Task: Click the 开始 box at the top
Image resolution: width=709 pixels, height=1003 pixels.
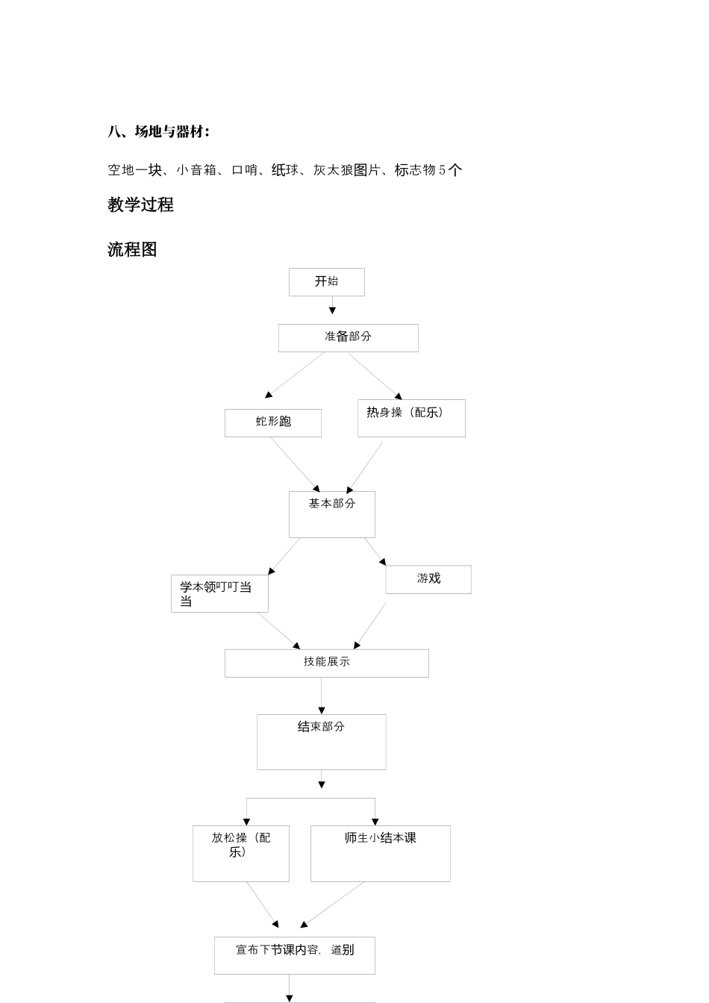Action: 326,282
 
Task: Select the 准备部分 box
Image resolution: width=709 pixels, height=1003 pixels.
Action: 348,337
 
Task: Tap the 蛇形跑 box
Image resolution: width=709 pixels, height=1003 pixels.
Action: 273,422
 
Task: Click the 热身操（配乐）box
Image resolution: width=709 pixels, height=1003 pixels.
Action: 411,418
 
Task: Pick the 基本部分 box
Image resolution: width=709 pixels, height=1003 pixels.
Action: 332,514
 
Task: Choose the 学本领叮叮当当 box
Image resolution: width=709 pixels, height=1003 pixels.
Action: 219,593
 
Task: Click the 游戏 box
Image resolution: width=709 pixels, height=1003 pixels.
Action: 428,579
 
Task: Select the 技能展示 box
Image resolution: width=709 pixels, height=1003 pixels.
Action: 327,663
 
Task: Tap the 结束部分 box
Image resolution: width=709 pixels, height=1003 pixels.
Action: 322,742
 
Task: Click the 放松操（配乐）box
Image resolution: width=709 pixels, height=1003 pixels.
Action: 241,853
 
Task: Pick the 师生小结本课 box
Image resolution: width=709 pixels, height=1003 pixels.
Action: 381,853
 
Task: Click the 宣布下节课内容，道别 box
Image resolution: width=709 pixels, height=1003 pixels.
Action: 295,955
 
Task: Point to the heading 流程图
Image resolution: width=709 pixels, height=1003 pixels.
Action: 132,250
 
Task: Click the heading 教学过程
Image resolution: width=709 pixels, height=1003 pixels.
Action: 140,205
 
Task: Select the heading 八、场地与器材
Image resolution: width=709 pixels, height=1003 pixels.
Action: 158,132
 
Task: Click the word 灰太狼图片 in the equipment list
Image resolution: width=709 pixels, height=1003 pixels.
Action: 346,170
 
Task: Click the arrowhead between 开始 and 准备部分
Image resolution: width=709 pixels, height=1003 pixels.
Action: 332,310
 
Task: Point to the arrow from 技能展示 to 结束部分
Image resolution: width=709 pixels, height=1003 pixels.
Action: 322,696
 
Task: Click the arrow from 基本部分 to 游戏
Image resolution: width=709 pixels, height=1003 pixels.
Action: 375,552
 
